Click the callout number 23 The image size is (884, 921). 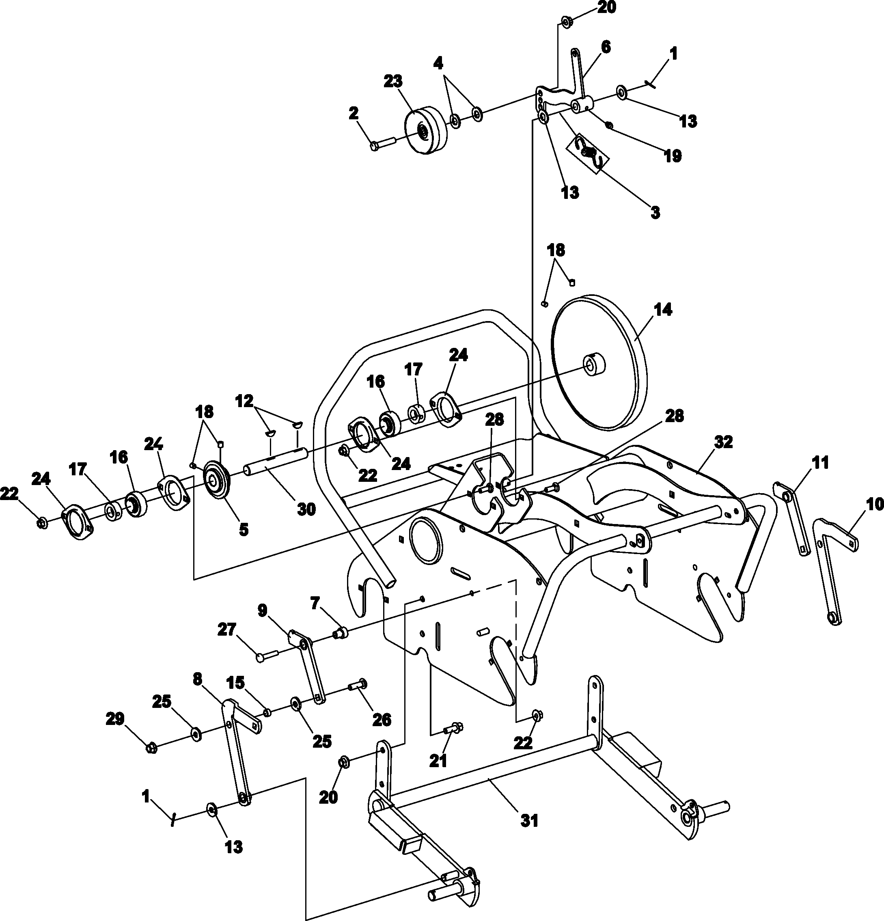point(393,81)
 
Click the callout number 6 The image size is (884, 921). point(606,47)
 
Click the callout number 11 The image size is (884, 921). point(821,463)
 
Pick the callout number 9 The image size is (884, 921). point(262,610)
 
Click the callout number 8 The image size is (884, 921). point(197,679)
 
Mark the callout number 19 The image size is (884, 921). point(673,156)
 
